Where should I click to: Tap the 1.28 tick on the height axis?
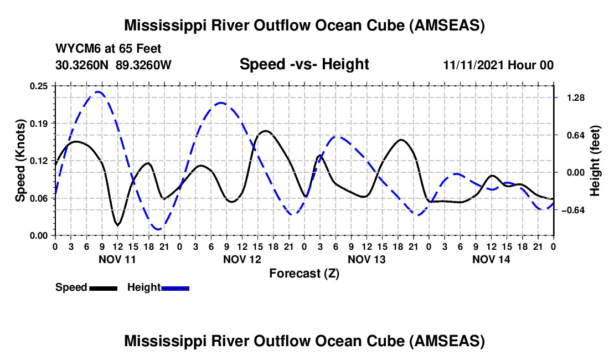576,98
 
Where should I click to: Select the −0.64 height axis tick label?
573,210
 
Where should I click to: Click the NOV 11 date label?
117,259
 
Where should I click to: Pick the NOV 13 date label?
367,259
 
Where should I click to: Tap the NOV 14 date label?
491,259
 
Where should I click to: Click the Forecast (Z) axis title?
304,274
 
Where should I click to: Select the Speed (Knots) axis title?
20,161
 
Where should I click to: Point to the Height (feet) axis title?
595,161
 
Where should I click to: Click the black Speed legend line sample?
104,288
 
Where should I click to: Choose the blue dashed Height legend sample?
175,288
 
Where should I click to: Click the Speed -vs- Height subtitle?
304,64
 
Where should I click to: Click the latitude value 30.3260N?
82,65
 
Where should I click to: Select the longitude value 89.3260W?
143,65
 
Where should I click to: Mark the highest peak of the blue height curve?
98,91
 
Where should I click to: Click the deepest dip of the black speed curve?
117,225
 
